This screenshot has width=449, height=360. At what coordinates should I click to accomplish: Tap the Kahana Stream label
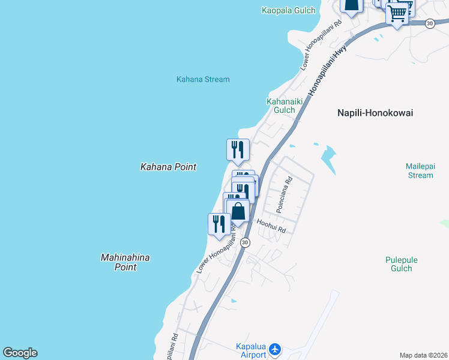point(203,79)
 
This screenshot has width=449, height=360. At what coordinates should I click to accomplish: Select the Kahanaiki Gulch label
point(280,106)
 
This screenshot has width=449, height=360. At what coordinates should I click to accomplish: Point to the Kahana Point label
point(168,167)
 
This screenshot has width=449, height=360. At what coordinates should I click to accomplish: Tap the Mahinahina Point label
point(125,262)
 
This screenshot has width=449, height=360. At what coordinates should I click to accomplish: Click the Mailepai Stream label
point(419,171)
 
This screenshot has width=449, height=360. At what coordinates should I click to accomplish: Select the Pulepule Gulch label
point(401,264)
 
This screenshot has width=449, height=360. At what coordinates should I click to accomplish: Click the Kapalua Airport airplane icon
point(276,349)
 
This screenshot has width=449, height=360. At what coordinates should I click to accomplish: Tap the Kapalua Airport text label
point(250,351)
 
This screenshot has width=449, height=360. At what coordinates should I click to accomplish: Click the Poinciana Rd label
point(284,194)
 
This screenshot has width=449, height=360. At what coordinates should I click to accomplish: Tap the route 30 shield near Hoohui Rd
point(245,242)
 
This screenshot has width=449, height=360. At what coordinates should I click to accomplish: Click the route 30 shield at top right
point(429,23)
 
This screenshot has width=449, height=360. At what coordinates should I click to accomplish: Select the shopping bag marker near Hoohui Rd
point(238,211)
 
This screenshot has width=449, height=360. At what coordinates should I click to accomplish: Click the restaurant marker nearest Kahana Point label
point(238,150)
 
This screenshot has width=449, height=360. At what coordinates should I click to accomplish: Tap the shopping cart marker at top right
point(397,13)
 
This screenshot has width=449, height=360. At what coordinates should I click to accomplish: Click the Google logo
point(20,353)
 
